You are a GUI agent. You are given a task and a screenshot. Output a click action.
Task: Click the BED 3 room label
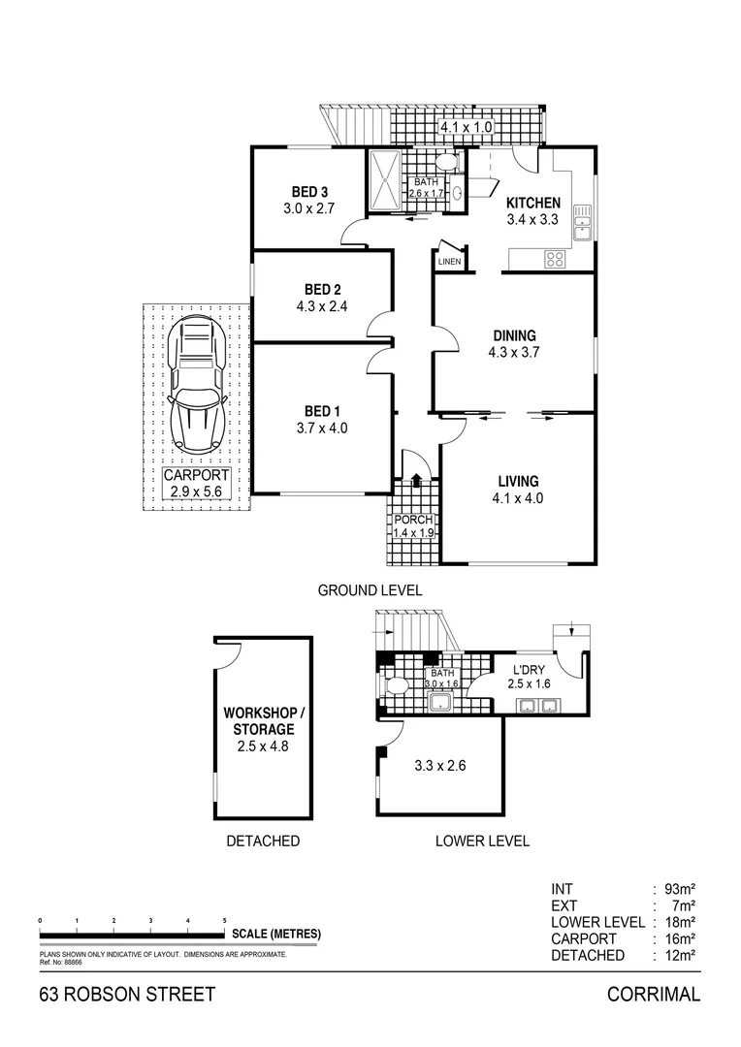tap(307, 191)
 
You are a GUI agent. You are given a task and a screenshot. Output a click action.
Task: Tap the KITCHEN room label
tap(532, 203)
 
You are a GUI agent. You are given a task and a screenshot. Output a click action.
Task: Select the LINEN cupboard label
tap(449, 262)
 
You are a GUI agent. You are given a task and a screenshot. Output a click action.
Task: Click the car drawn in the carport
tap(197, 385)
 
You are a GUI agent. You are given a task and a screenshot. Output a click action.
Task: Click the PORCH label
tap(411, 520)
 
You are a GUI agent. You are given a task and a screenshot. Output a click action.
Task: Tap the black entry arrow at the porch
tap(416, 478)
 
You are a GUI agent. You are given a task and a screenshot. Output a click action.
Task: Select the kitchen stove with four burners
tap(556, 258)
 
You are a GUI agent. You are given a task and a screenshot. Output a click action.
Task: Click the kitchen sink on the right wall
tap(582, 222)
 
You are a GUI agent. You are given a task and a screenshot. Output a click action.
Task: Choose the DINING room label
tap(513, 336)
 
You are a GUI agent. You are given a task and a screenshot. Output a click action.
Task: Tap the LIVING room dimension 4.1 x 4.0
tap(519, 498)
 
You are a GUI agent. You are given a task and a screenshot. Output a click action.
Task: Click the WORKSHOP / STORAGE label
tap(262, 721)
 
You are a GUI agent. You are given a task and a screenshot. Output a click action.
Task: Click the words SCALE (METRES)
tap(276, 934)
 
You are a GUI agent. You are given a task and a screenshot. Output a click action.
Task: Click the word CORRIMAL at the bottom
tap(653, 995)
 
